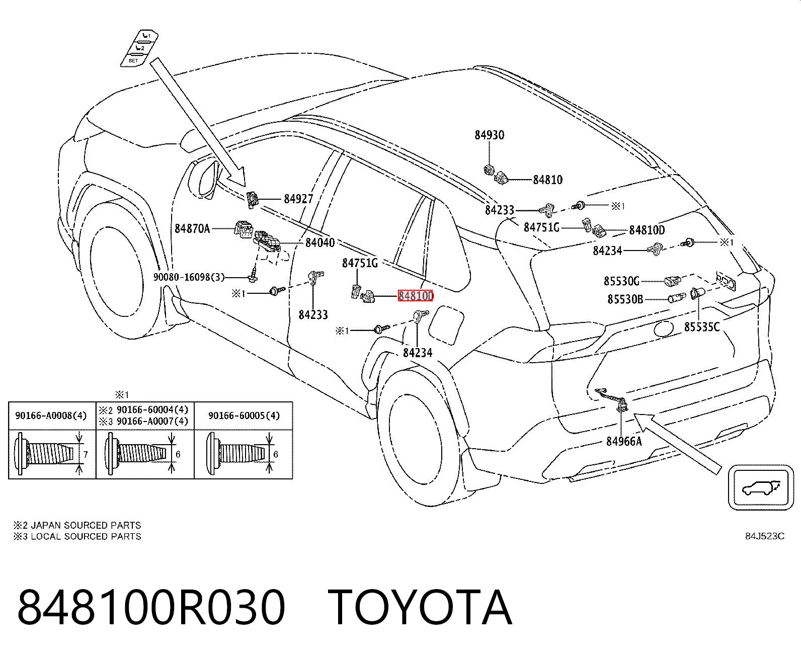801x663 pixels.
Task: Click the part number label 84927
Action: tap(298, 199)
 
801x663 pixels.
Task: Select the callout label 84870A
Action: tap(192, 229)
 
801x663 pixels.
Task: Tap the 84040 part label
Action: tap(320, 242)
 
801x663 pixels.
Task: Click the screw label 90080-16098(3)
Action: tap(189, 277)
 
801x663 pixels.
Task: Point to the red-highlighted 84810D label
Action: tap(416, 296)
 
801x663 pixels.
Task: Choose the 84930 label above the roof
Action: tap(490, 135)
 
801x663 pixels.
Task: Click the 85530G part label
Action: tap(621, 281)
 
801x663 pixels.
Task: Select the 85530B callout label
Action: tap(625, 299)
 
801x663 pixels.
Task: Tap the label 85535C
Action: tap(702, 327)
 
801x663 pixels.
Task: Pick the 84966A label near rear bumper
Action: tap(624, 442)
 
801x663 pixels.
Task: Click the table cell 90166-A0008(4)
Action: tap(51, 416)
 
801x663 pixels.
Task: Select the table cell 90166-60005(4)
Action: tap(244, 416)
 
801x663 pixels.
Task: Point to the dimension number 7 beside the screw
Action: tap(86, 455)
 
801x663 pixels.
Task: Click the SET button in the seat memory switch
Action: tap(133, 61)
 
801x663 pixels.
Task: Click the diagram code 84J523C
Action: tap(765, 536)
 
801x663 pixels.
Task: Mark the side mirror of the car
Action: tap(203, 179)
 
